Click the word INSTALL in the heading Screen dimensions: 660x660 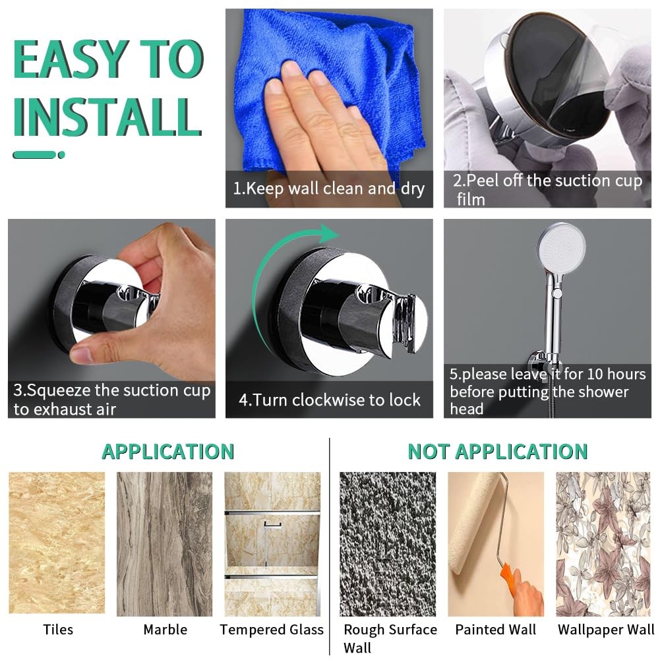pos(107,117)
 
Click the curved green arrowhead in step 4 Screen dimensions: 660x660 pos(329,233)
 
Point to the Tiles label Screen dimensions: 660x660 pos(58,629)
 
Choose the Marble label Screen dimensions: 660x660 pos(165,629)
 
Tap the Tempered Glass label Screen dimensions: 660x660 pos(272,630)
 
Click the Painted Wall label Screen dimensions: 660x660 pos(495,629)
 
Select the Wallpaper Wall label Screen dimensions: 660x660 pos(606,630)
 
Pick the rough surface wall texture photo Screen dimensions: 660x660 pos(388,544)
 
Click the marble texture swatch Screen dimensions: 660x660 pos(165,544)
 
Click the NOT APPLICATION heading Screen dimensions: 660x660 pos(498,452)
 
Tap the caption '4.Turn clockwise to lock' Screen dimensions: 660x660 pos(330,400)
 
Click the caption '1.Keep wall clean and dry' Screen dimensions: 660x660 pos(329,189)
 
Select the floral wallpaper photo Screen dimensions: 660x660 pos(603,544)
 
